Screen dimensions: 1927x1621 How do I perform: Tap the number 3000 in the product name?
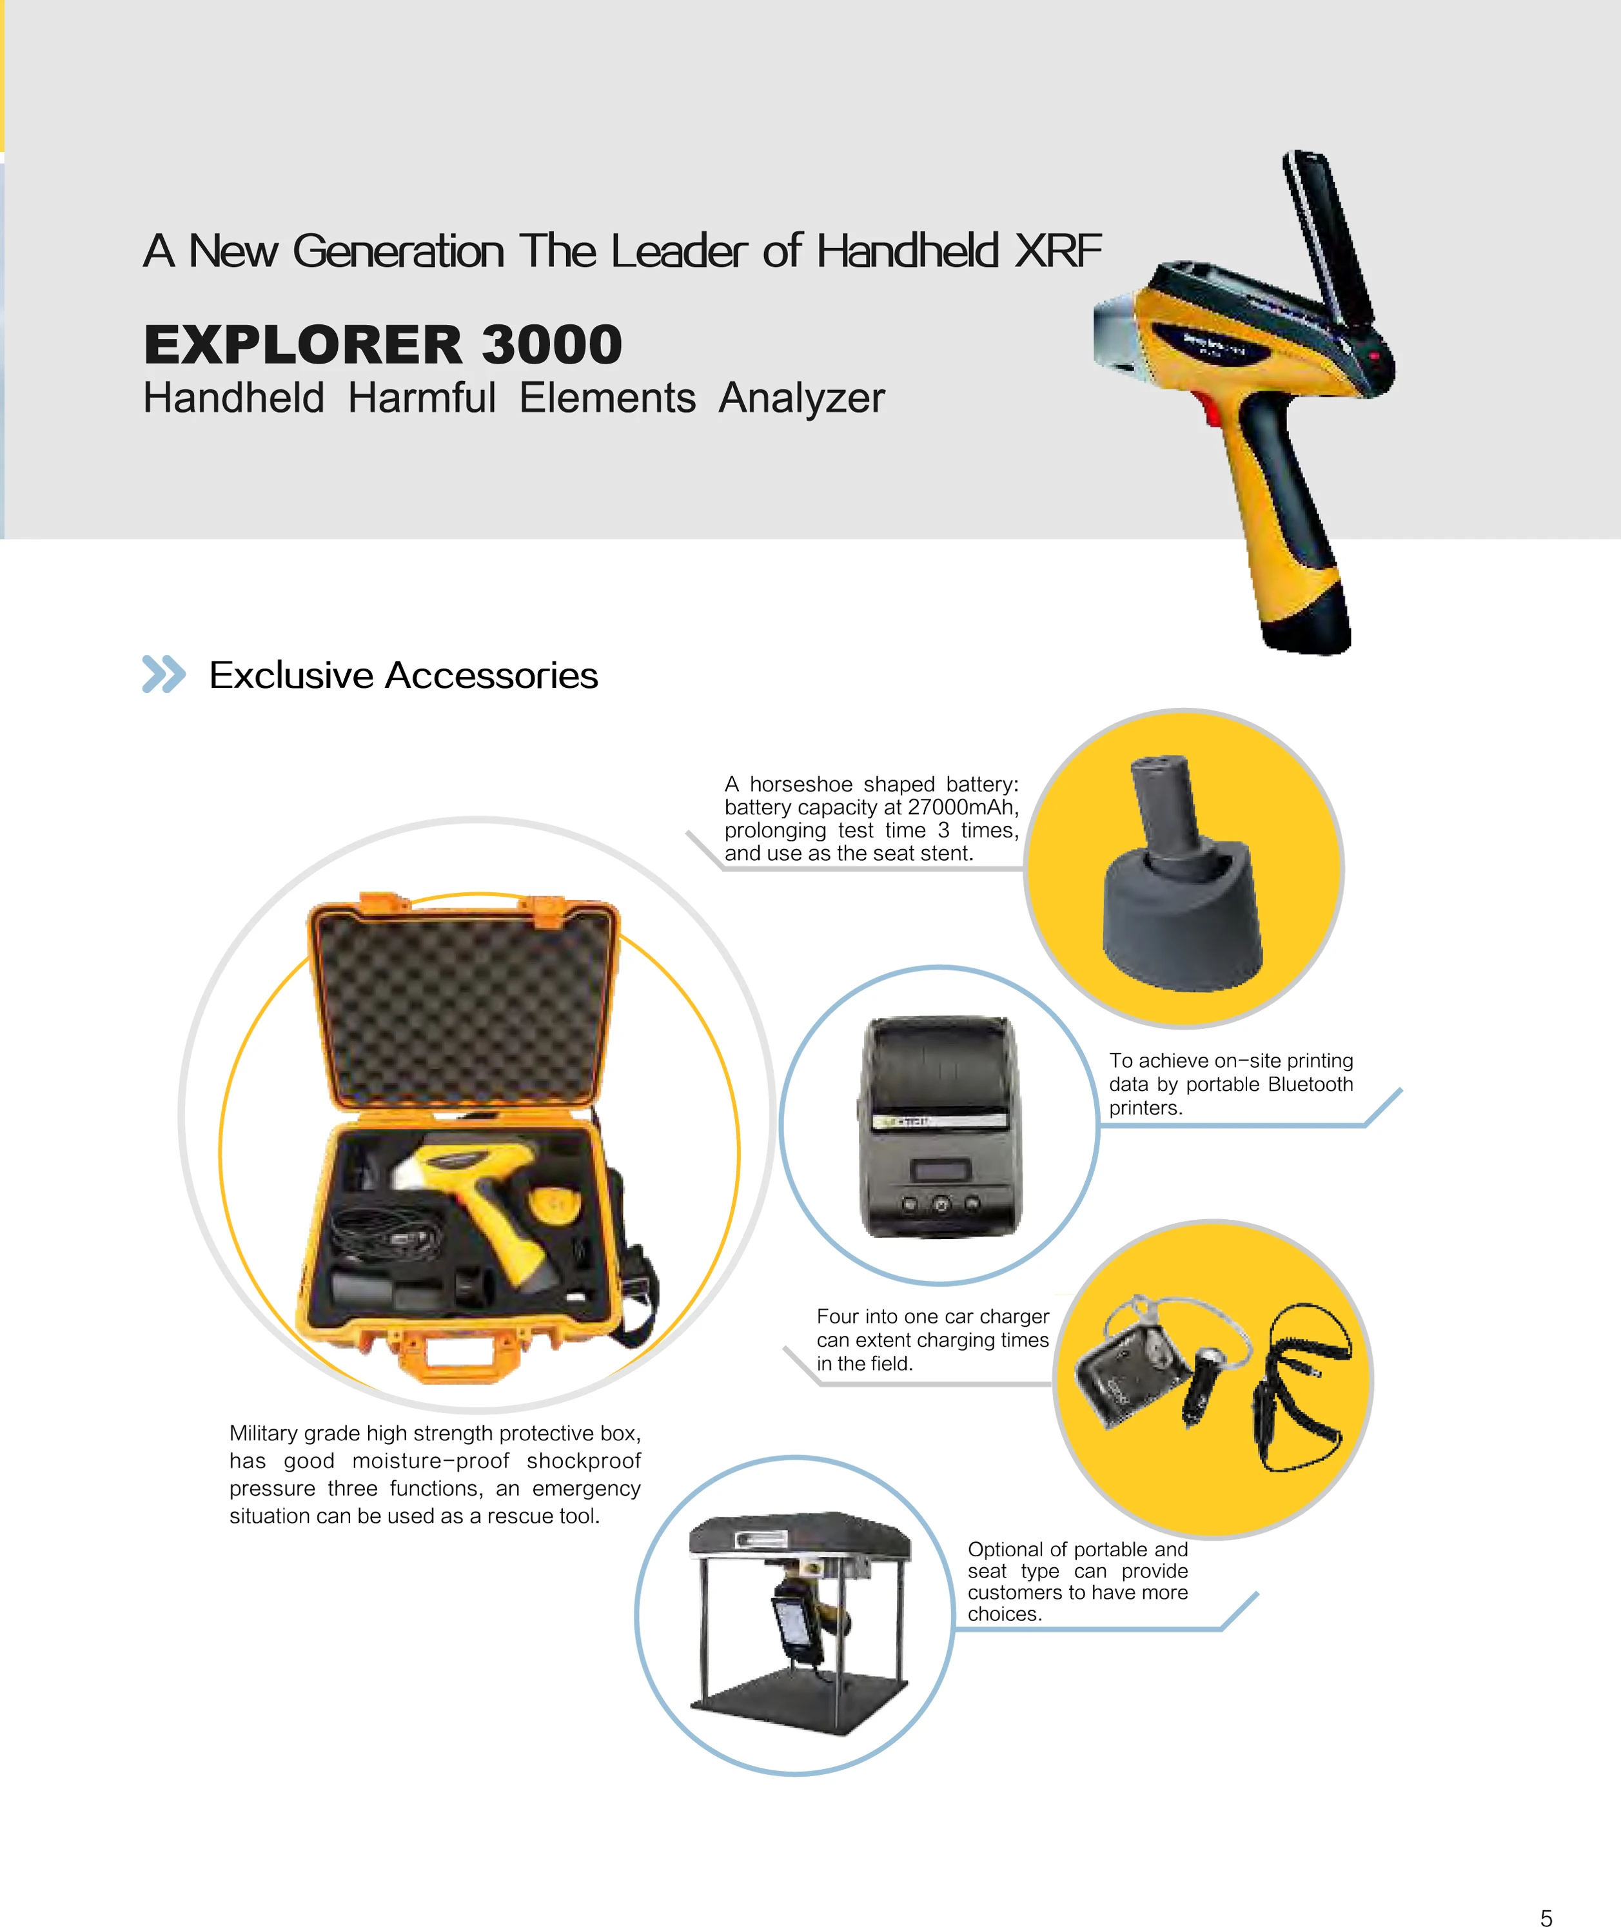coord(551,346)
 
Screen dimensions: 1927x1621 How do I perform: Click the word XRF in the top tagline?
coord(1057,251)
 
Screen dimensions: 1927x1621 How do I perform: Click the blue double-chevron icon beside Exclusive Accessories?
coord(164,674)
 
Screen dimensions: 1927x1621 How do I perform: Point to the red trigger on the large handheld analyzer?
coord(1211,413)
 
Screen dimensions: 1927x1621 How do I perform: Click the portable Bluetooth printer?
coord(939,1126)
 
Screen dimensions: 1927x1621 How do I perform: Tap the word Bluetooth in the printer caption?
coord(1310,1084)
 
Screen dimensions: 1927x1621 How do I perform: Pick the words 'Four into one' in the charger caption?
coord(873,1317)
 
